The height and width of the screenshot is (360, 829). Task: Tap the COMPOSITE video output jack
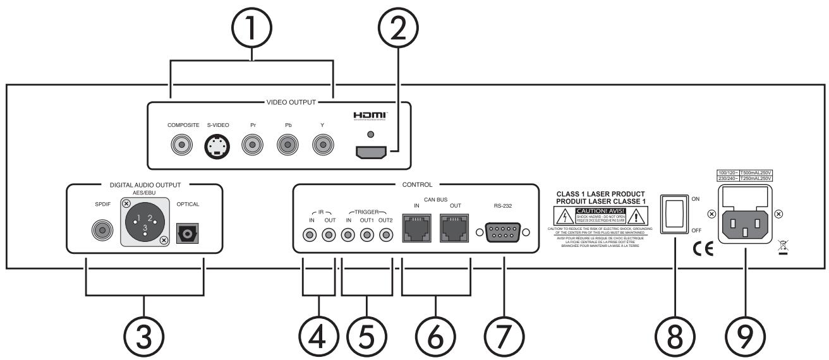183,147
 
